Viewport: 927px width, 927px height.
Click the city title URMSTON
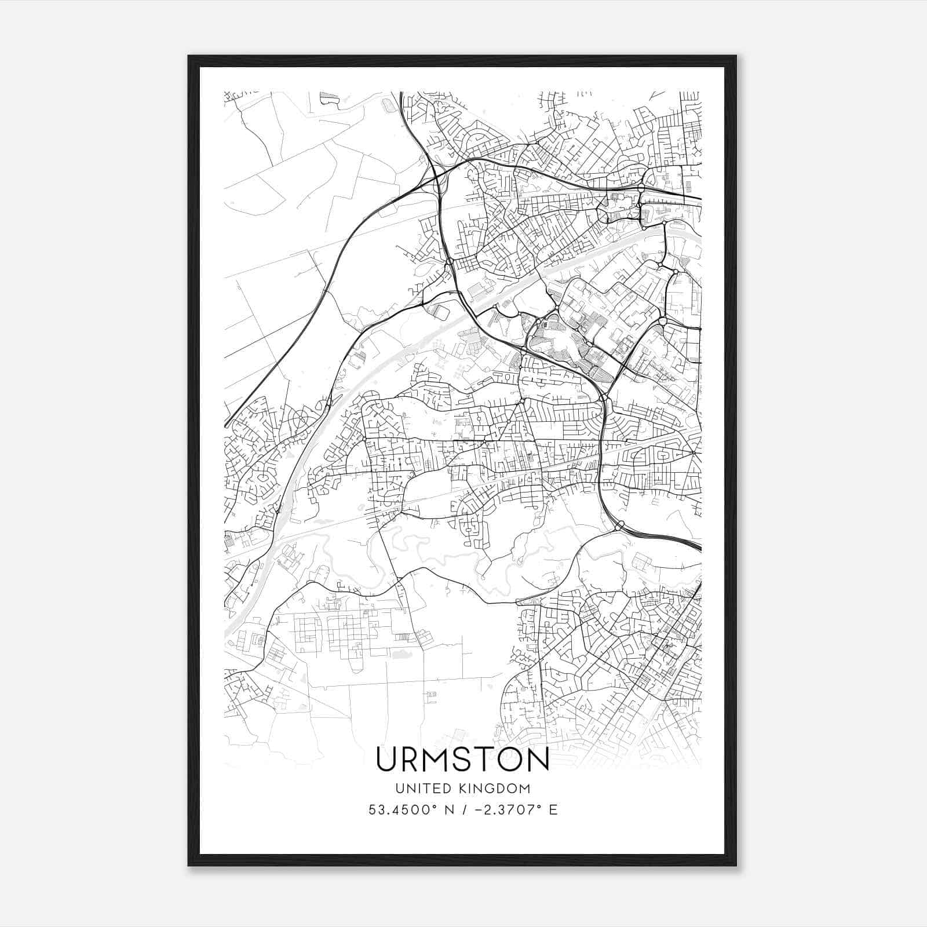462,759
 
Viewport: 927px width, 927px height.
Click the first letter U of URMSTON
388,759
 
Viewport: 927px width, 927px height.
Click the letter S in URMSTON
466,759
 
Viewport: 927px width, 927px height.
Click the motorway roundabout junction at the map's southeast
619,525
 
